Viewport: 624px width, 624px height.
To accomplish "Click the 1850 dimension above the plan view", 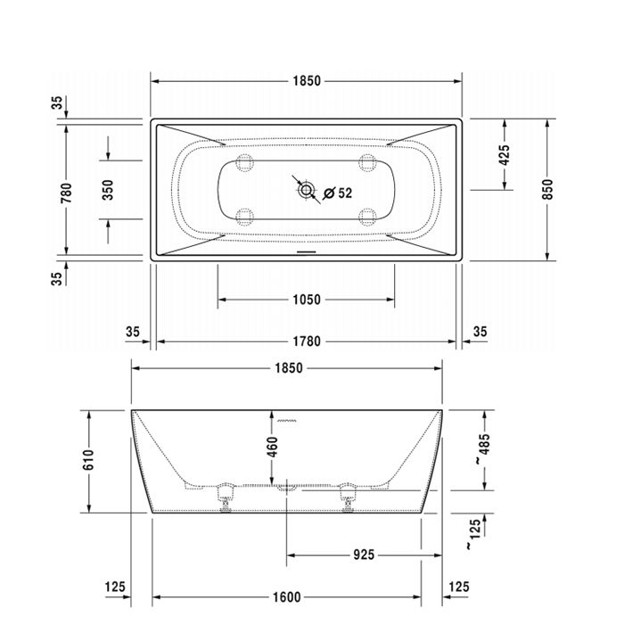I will (306, 80).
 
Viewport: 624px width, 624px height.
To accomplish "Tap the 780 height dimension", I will (69, 189).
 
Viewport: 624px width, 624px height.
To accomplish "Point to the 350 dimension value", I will (108, 189).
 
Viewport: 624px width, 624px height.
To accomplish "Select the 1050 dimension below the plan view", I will (306, 300).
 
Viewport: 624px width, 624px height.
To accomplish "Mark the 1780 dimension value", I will (306, 341).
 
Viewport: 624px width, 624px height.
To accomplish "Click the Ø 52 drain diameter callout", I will (337, 193).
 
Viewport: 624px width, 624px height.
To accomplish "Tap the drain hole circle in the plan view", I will (307, 189).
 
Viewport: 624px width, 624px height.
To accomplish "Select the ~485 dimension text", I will (482, 450).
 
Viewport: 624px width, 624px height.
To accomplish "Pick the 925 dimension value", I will (364, 554).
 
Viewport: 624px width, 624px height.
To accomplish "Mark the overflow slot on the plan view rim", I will (306, 250).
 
